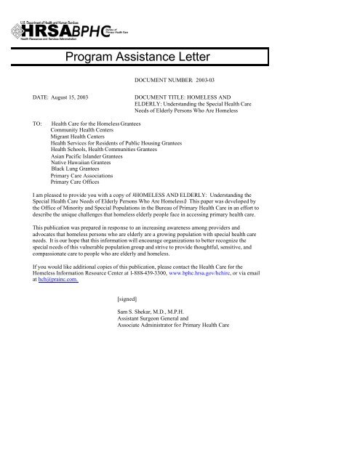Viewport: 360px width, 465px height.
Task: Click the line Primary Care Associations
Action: tap(85, 176)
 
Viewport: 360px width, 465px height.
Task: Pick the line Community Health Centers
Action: tap(86, 131)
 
